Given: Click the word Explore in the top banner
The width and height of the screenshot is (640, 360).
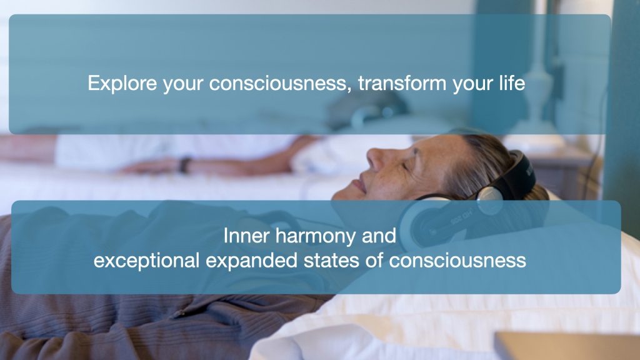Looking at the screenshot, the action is click(x=122, y=83).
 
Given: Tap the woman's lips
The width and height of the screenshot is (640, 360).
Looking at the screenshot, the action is click(x=359, y=186).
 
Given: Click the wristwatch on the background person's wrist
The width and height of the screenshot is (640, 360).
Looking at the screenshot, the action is click(x=185, y=165).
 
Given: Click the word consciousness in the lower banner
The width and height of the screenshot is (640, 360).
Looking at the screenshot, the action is click(x=457, y=261).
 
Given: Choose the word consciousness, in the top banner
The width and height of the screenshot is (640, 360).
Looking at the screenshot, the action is click(x=281, y=83).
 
